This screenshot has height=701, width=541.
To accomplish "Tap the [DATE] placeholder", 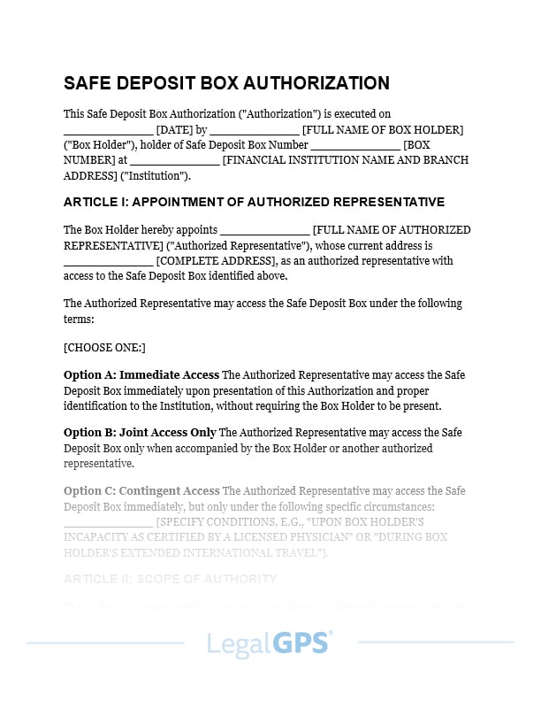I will (x=175, y=129).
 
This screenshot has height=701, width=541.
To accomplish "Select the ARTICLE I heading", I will (x=254, y=202).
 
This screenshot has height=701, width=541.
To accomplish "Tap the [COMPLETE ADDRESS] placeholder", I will (x=217, y=261).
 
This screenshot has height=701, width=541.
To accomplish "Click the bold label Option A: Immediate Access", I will (x=141, y=375).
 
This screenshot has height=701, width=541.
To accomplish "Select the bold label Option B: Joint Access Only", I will (x=140, y=433).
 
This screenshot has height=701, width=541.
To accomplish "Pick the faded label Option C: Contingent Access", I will (x=141, y=491).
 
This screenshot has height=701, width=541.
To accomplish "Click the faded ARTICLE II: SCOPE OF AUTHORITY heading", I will (x=170, y=579).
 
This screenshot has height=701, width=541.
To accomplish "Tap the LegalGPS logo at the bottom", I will (x=270, y=643).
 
